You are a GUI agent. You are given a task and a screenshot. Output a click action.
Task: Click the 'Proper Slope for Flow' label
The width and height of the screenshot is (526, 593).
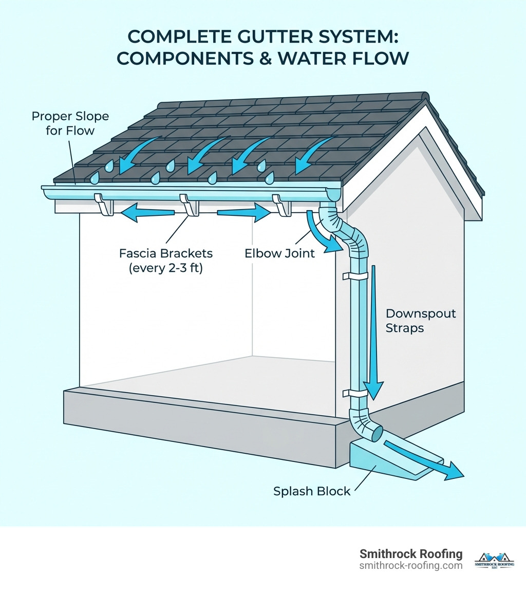(70, 123)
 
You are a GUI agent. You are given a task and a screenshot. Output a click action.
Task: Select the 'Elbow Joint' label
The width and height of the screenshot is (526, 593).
(279, 253)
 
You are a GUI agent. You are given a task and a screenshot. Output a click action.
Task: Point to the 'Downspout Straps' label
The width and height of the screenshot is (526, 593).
(421, 321)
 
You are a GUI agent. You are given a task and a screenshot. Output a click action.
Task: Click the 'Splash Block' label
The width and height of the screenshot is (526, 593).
(311, 491)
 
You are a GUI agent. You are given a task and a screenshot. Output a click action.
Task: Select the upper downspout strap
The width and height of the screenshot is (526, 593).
(356, 276)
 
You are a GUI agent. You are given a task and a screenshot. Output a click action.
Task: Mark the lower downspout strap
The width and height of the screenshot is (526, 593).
(356, 394)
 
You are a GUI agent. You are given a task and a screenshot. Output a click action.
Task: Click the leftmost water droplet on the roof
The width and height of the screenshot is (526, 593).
(94, 178)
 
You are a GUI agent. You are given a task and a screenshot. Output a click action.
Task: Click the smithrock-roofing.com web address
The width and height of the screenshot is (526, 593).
(411, 566)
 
